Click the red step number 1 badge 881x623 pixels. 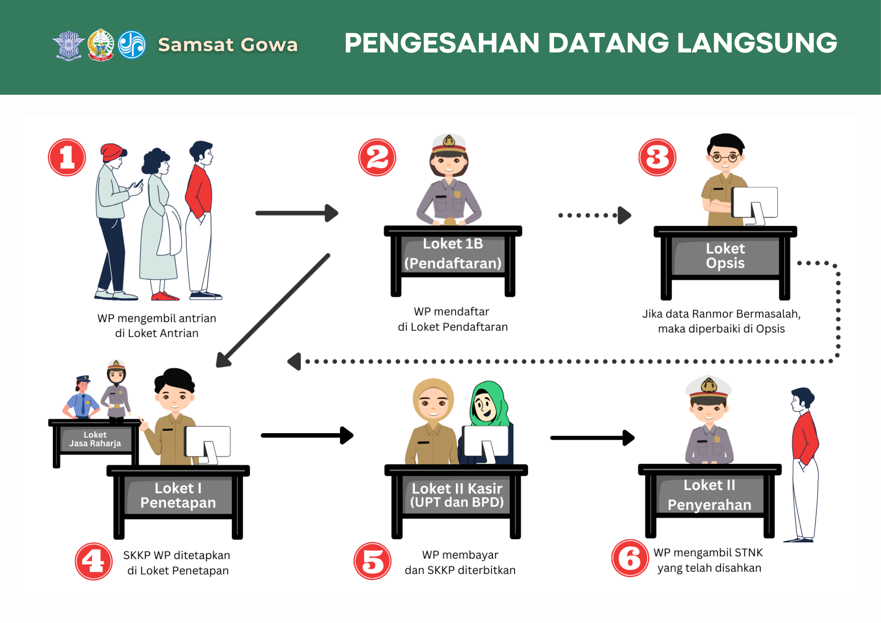(x=67, y=157)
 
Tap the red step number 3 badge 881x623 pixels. (x=657, y=157)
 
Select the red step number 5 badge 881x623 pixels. (x=373, y=561)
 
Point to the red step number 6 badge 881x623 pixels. (x=630, y=558)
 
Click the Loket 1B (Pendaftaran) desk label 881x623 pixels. (x=453, y=253)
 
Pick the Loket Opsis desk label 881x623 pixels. (x=725, y=256)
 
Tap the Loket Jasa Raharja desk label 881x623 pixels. (x=95, y=439)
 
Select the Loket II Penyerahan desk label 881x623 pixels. (x=709, y=495)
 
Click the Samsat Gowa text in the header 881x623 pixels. (x=228, y=44)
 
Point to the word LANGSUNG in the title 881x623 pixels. (x=757, y=43)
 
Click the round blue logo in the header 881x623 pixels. (x=132, y=44)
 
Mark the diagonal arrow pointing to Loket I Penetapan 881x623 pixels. (x=273, y=311)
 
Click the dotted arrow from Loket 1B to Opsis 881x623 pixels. (x=595, y=215)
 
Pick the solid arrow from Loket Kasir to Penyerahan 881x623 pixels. (x=592, y=438)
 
